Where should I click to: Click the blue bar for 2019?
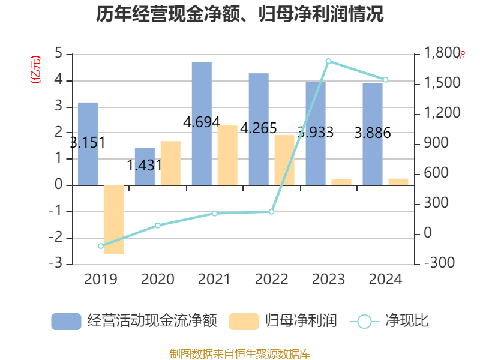point(88,143)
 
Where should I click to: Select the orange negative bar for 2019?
point(113,220)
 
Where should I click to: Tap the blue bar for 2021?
point(202,123)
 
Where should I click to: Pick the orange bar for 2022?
point(284,160)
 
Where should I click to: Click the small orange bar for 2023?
point(341,182)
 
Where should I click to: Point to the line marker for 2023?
point(328,61)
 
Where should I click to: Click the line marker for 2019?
point(101,246)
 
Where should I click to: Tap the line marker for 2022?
point(271,212)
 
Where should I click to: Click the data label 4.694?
point(202,122)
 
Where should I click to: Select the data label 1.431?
point(145,164)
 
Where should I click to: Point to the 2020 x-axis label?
point(158,280)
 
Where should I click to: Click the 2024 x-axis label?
point(385,280)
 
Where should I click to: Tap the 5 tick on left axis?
point(59,54)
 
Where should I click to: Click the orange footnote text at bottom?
point(240,353)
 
